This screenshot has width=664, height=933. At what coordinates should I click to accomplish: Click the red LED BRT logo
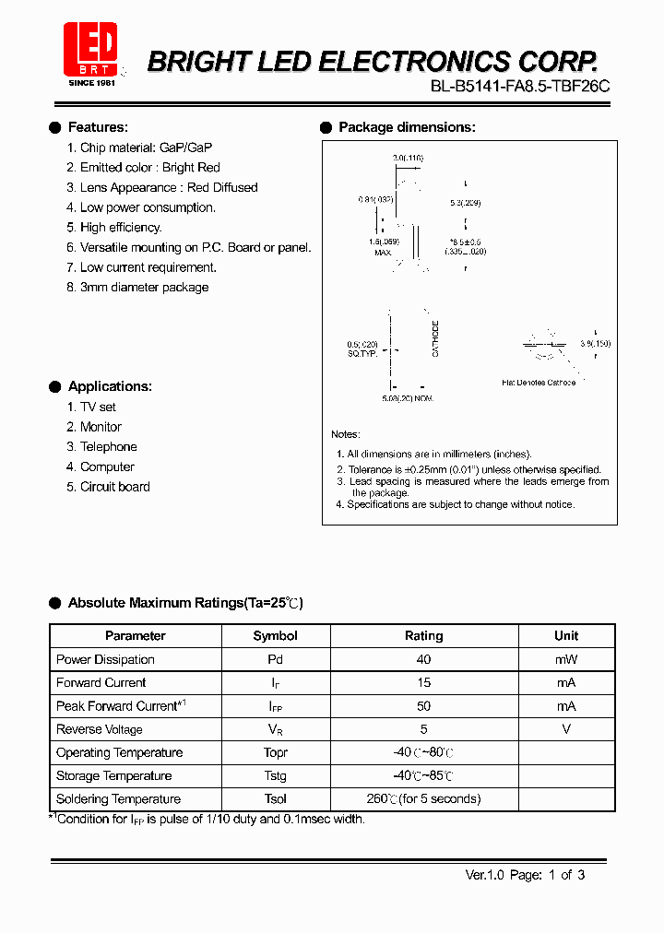[x=89, y=52]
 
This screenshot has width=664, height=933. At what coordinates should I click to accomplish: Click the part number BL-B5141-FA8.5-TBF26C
[x=520, y=88]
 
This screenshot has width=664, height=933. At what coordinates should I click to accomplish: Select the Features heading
[x=98, y=127]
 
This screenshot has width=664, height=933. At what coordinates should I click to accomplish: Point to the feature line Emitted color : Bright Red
[x=149, y=167]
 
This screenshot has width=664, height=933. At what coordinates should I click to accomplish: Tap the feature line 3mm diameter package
[x=144, y=288]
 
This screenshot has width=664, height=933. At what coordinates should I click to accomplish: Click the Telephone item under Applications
[x=108, y=447]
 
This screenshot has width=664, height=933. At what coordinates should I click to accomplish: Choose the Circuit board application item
[x=114, y=487]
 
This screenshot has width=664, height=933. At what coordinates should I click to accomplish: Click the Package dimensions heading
[x=407, y=127]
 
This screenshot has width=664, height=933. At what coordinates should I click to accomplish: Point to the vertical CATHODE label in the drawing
[x=436, y=338]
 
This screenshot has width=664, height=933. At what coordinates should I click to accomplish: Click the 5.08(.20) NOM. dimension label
[x=407, y=398]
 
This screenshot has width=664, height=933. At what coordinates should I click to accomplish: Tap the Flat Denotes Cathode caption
[x=538, y=382]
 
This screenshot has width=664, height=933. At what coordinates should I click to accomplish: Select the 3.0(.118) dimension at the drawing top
[x=408, y=159]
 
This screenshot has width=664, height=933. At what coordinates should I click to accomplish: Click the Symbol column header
[x=275, y=636]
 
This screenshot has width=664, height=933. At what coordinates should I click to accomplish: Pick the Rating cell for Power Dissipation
[x=423, y=659]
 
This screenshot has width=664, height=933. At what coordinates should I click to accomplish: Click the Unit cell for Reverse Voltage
[x=566, y=729]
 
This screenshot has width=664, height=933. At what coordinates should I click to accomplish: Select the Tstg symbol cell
[x=275, y=776]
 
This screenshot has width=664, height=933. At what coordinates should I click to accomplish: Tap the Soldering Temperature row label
[x=118, y=799]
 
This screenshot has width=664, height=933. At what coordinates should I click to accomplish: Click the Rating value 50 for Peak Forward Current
[x=423, y=706]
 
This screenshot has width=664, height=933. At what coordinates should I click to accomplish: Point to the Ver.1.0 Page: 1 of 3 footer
[x=525, y=875]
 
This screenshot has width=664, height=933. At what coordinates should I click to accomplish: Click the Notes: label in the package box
[x=346, y=434]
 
